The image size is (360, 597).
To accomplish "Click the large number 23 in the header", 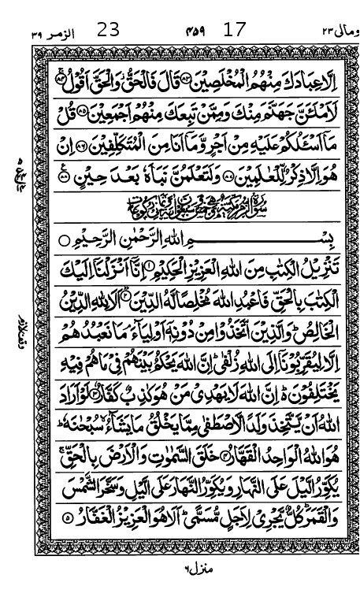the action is [108, 31].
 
